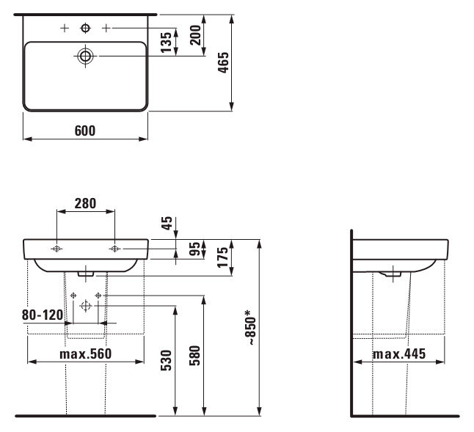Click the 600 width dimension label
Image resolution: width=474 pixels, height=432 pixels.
pyautogui.click(x=85, y=131)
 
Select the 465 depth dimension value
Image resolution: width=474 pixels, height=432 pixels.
pyautogui.click(x=224, y=62)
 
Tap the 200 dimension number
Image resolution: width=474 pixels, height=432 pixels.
pyautogui.click(x=196, y=35)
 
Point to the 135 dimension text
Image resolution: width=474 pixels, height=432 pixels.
pyautogui.click(x=166, y=42)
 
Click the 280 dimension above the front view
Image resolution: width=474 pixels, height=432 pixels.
pyautogui.click(x=86, y=204)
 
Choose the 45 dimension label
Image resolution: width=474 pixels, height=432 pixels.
pyautogui.click(x=167, y=223)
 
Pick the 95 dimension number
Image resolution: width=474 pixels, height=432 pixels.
pyautogui.click(x=197, y=249)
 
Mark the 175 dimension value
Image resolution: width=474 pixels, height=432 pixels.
pyautogui.click(x=223, y=257)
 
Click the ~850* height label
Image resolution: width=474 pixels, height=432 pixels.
pyautogui.click(x=251, y=327)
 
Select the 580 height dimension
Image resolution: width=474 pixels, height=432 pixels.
pyautogui.click(x=195, y=356)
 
